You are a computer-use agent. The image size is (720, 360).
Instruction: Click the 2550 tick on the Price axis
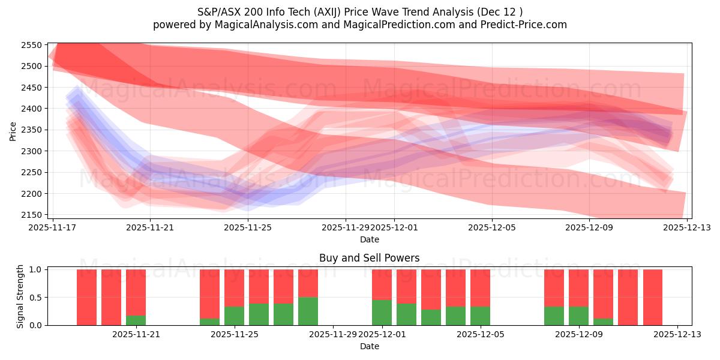pyautogui.click(x=32, y=45)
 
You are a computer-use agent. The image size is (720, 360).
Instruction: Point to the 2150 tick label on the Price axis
pyautogui.click(x=32, y=215)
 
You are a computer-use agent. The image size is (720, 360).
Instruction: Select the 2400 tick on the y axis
pyautogui.click(x=32, y=109)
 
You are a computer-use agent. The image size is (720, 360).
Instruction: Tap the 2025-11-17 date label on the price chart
pyautogui.click(x=53, y=227)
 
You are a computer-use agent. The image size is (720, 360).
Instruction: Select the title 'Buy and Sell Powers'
pyautogui.click(x=369, y=258)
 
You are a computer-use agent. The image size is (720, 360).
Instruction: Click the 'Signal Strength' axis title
pyautogui.click(x=20, y=296)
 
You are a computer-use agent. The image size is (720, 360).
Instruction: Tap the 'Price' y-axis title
pyautogui.click(x=13, y=131)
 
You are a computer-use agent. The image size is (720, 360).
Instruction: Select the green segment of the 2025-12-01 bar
pyautogui.click(x=382, y=313)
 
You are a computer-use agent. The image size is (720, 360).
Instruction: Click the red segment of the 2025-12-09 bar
pyautogui.click(x=578, y=288)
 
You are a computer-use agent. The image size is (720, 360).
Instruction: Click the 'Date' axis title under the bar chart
pyautogui.click(x=369, y=346)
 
